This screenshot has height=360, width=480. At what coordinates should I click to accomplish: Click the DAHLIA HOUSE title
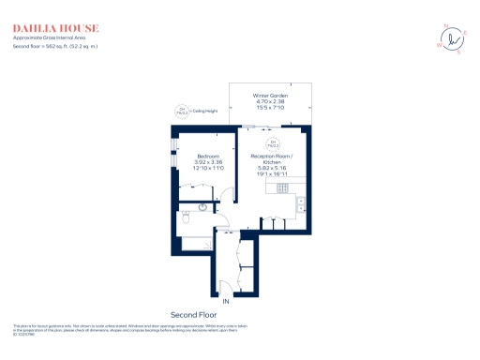[x=55, y=28]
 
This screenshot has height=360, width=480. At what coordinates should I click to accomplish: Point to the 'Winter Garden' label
[x=269, y=96]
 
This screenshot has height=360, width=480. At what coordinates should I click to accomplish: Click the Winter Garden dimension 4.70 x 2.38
[x=269, y=102]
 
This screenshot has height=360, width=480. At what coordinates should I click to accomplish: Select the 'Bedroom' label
[x=208, y=155]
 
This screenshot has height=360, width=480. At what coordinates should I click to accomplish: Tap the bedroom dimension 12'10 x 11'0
[x=208, y=167]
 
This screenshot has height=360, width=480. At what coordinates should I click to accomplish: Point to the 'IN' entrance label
[x=225, y=300]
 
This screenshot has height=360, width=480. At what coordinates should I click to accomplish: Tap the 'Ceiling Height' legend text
[x=204, y=111]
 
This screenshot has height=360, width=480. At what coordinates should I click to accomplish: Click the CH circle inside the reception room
[x=272, y=144]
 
